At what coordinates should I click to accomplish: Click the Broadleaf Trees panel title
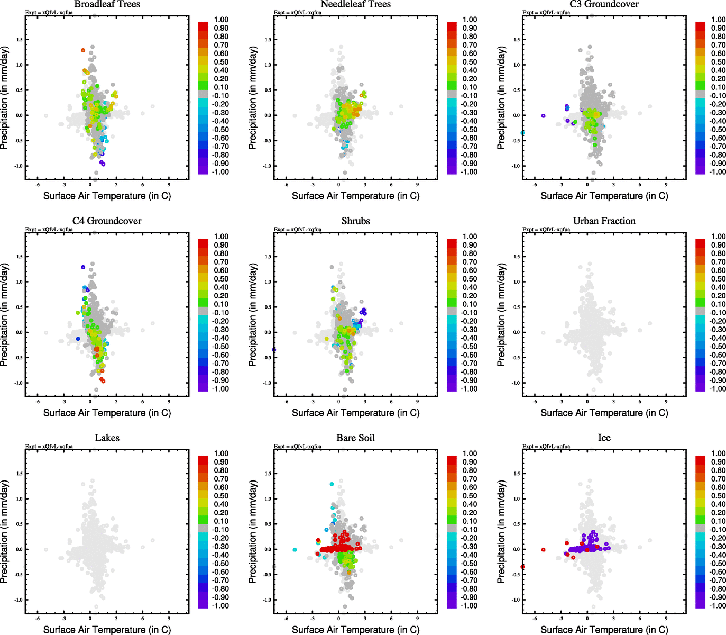(107, 4)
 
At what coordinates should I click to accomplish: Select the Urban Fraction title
(604, 221)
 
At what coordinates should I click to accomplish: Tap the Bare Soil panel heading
(355, 438)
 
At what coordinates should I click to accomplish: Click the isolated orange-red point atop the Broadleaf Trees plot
(83, 50)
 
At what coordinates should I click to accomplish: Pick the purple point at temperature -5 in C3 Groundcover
(543, 116)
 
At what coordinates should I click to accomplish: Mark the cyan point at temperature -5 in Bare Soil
(295, 550)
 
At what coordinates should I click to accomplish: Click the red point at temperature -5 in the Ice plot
(543, 550)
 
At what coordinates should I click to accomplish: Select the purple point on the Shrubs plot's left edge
(274, 350)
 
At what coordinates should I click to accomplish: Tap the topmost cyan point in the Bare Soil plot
(332, 484)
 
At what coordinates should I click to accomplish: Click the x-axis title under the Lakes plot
(107, 630)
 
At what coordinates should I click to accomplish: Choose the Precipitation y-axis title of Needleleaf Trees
(253, 98)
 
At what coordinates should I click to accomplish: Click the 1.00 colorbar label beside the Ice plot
(718, 453)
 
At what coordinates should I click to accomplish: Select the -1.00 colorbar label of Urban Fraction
(717, 389)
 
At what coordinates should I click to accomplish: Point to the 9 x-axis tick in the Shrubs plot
(417, 402)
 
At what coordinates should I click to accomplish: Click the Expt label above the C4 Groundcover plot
(49, 230)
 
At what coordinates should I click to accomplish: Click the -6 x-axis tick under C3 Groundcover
(535, 185)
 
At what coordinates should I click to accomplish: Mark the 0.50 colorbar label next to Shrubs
(470, 279)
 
